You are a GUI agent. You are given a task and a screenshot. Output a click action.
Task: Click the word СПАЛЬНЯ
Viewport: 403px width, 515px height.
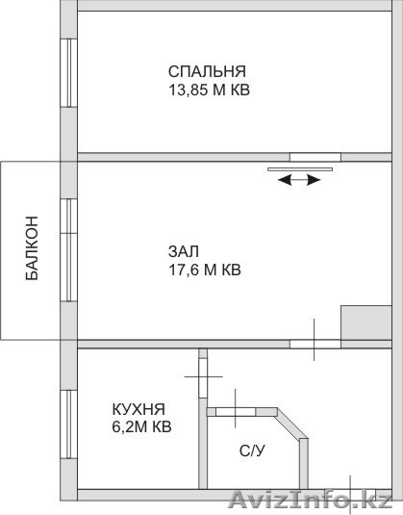pos(207,71)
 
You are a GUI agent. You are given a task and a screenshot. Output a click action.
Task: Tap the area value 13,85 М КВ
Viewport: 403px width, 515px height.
pos(209,90)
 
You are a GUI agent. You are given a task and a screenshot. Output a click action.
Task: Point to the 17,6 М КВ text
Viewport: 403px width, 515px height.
pos(205,270)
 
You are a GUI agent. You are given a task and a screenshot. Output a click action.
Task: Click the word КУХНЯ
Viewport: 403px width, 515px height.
pos(139,409)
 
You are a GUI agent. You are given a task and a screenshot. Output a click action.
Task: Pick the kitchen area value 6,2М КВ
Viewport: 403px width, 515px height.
pos(141,427)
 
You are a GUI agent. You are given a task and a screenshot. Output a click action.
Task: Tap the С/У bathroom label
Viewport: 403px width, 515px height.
pos(252,451)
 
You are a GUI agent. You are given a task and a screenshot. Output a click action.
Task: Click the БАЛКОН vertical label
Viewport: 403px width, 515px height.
pos(32,248)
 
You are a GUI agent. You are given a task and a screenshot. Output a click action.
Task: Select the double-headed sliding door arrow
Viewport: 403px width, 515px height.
pos(299,180)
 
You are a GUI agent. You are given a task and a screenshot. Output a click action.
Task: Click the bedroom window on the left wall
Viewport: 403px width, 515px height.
pos(69,73)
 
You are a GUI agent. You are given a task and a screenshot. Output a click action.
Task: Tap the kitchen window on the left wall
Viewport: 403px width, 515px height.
pos(69,424)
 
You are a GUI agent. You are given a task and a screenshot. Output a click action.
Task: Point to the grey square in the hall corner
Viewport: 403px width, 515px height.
pos(366,322)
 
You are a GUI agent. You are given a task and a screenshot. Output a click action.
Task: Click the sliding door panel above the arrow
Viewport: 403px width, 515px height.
pos(300,169)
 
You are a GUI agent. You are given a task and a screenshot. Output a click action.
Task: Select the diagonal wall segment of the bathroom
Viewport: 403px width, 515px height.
pos(292,425)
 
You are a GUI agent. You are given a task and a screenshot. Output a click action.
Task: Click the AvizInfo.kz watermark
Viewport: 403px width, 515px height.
pos(310,501)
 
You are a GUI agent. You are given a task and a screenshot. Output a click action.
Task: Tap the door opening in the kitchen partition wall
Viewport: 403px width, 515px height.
pos(204,377)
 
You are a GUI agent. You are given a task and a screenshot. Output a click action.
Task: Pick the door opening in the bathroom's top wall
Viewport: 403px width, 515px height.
pos(236,412)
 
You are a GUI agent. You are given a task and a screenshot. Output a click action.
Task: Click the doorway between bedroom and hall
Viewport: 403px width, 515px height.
pos(315,157)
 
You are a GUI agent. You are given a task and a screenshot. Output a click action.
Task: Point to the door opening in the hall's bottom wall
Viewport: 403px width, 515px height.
pos(315,344)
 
